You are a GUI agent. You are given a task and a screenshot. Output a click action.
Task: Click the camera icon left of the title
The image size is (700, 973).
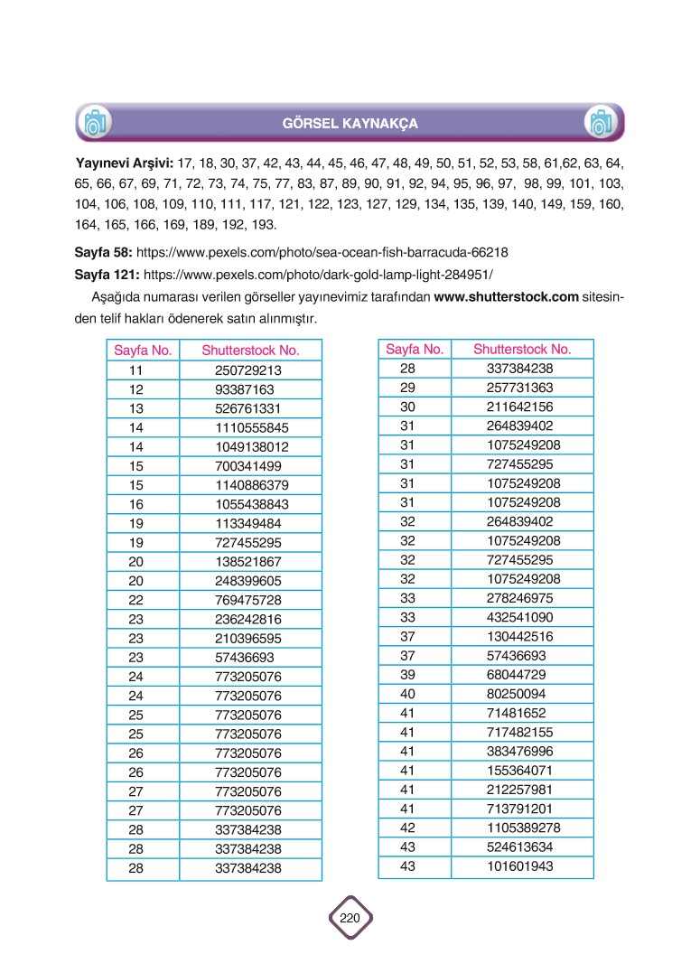(x=94, y=122)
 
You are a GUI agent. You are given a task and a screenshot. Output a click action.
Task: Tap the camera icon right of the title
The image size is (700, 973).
(x=600, y=122)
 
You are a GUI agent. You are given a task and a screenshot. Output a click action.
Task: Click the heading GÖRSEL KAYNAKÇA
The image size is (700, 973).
(x=350, y=123)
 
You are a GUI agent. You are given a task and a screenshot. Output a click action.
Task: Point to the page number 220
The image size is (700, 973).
(x=350, y=919)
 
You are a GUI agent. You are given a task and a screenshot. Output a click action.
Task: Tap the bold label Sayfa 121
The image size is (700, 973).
(x=107, y=271)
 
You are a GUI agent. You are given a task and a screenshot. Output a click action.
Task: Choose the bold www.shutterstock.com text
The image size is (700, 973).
(x=506, y=298)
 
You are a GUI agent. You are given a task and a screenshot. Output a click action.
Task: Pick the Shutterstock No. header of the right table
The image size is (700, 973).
(x=522, y=350)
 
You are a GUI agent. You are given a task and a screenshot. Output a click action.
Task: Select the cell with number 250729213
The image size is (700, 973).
(x=249, y=370)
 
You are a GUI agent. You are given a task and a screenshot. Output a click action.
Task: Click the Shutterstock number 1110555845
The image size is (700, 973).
(x=252, y=427)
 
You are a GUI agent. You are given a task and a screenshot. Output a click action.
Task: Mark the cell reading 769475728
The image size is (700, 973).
(x=249, y=600)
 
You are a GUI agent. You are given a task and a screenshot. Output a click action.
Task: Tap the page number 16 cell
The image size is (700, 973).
(x=136, y=504)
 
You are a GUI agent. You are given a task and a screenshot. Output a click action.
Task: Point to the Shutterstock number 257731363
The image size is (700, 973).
(x=519, y=388)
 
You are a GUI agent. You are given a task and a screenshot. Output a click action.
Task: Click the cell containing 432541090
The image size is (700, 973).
(x=519, y=617)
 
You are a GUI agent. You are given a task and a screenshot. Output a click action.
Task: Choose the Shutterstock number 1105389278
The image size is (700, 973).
(x=523, y=828)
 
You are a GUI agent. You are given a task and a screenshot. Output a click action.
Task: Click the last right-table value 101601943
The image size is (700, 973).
(x=519, y=866)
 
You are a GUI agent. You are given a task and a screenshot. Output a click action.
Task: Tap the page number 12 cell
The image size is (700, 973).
(x=136, y=389)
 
